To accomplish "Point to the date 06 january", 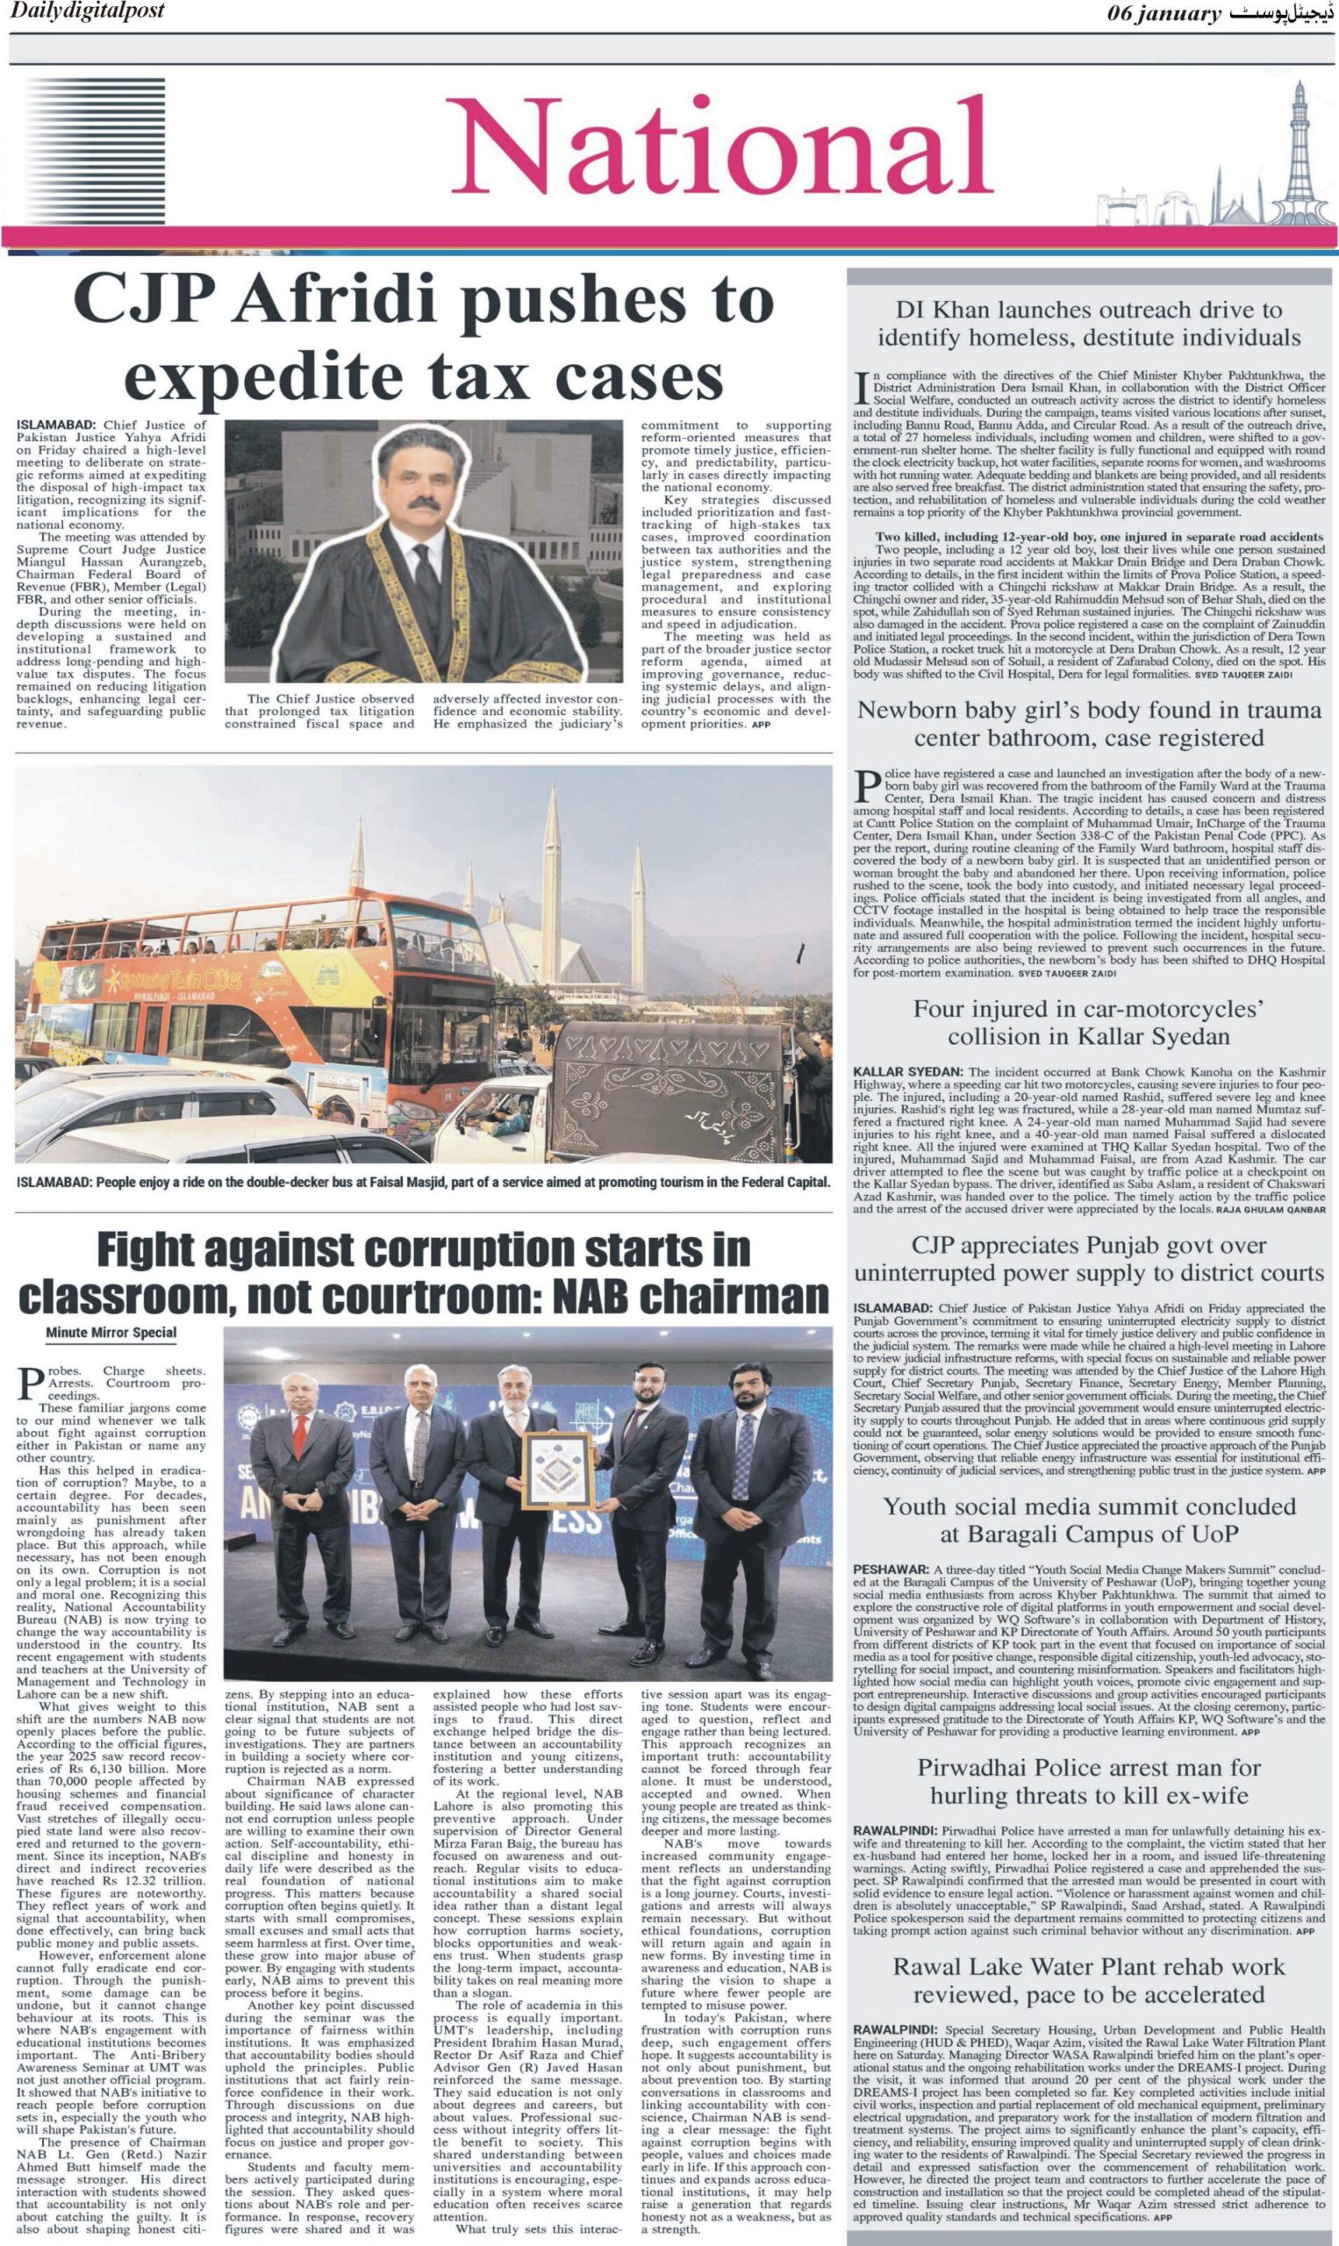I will (x=1164, y=14).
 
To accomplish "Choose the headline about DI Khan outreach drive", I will (x=1088, y=324).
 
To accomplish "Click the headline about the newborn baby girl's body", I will (x=1088, y=724).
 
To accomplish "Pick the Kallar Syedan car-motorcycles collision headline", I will (x=1088, y=1022).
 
